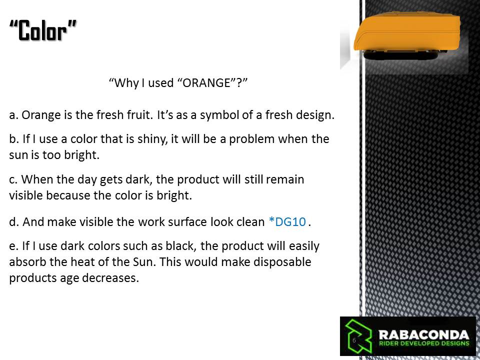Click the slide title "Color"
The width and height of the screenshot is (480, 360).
43,30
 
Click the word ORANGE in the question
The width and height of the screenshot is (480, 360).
206,82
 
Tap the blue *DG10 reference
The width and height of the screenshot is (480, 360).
287,221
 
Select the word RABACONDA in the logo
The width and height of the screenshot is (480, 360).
424,334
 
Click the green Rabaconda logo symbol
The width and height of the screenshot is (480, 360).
358,336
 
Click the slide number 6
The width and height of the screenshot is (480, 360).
354,340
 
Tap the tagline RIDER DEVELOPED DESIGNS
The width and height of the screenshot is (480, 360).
424,343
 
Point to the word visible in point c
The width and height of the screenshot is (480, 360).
26,195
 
